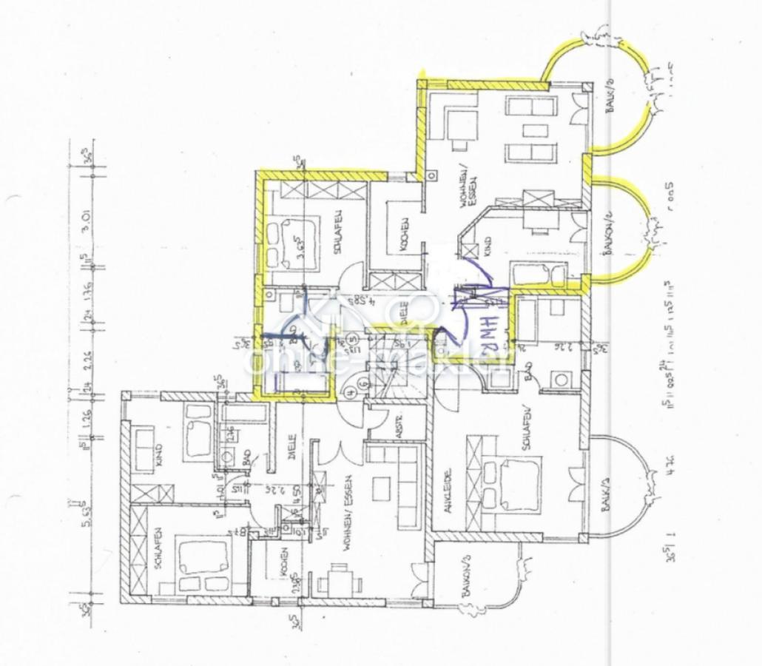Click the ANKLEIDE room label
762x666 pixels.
pyautogui.click(x=447, y=489)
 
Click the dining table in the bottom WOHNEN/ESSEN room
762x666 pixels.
pyautogui.click(x=339, y=578)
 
